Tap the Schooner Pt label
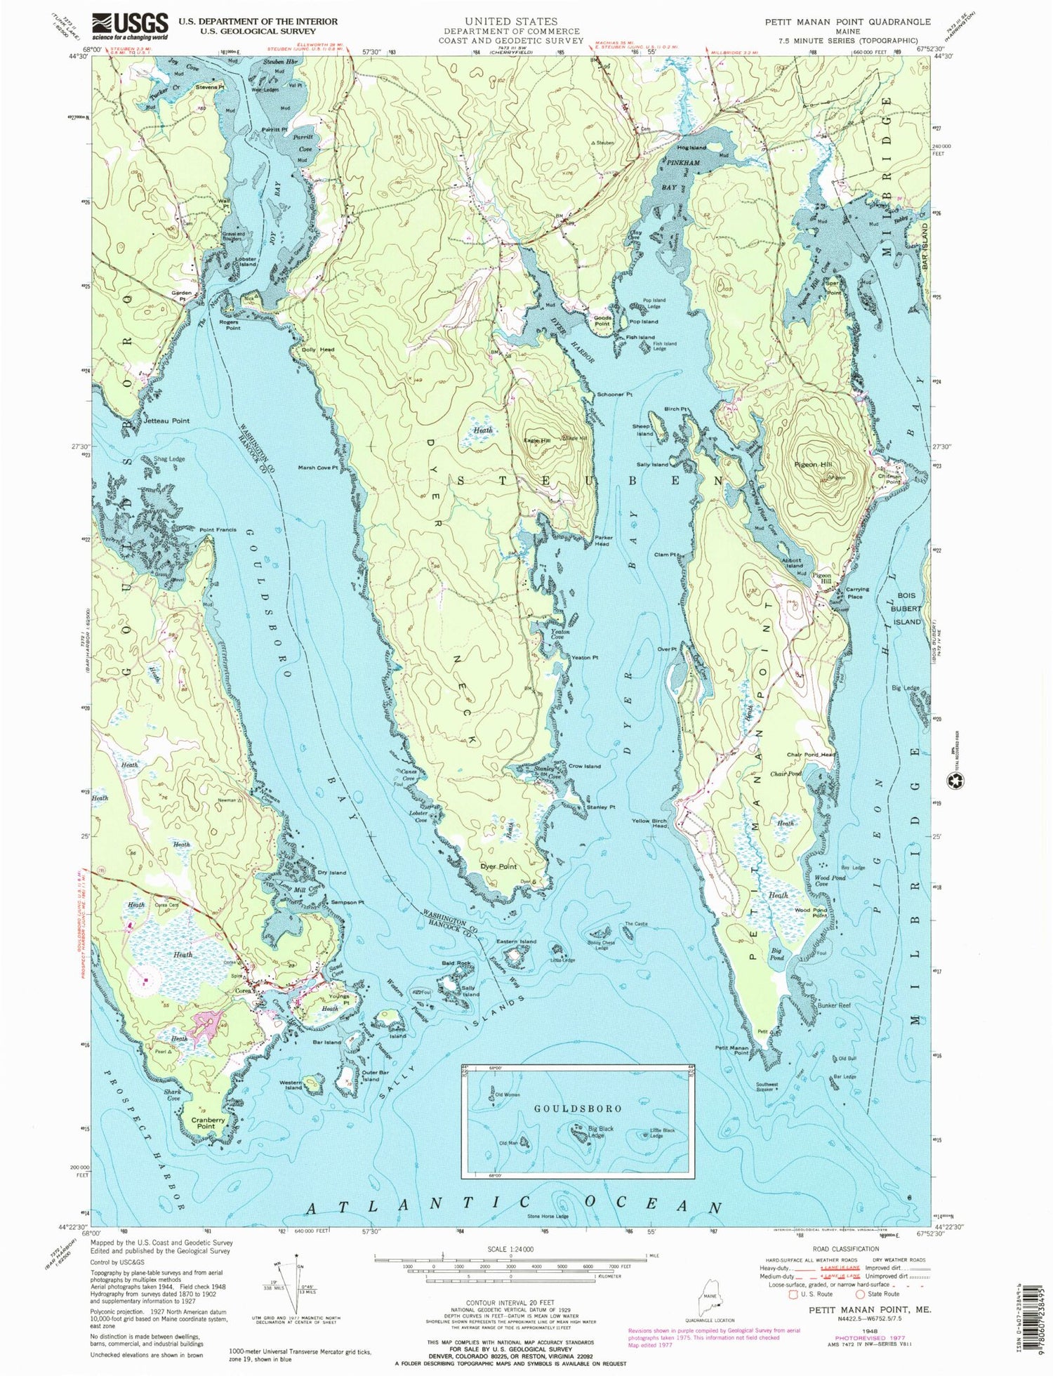point(614,395)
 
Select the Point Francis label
point(218,529)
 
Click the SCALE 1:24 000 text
point(510,1249)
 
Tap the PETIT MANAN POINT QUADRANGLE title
point(847,22)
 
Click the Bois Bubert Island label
point(906,608)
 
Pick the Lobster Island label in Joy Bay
point(246,260)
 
